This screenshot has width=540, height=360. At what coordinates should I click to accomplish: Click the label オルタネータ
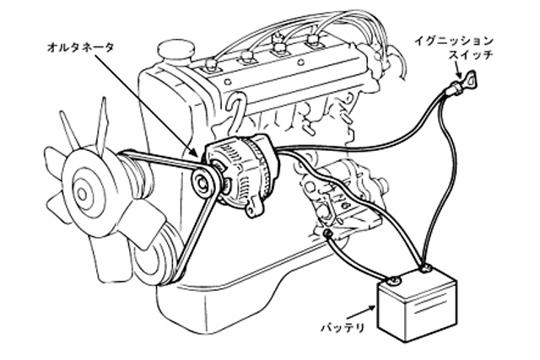(x=80, y=47)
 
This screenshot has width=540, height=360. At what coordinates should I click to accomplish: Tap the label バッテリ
(x=343, y=327)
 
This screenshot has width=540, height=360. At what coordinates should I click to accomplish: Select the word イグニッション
(x=453, y=41)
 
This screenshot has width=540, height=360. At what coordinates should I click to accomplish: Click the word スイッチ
(x=470, y=55)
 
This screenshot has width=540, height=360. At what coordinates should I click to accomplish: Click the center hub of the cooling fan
(x=83, y=194)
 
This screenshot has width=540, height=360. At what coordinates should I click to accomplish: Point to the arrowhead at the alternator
(x=193, y=152)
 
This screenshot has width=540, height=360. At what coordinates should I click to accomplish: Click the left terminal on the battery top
(x=393, y=282)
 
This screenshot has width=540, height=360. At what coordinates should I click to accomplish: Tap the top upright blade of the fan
(x=101, y=124)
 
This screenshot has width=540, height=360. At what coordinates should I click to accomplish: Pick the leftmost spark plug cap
(x=210, y=66)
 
